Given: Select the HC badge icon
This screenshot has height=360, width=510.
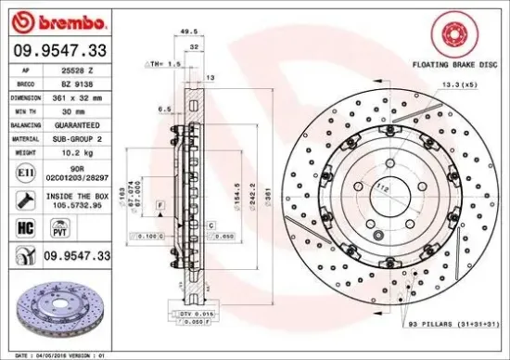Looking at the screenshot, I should coord(25,225).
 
